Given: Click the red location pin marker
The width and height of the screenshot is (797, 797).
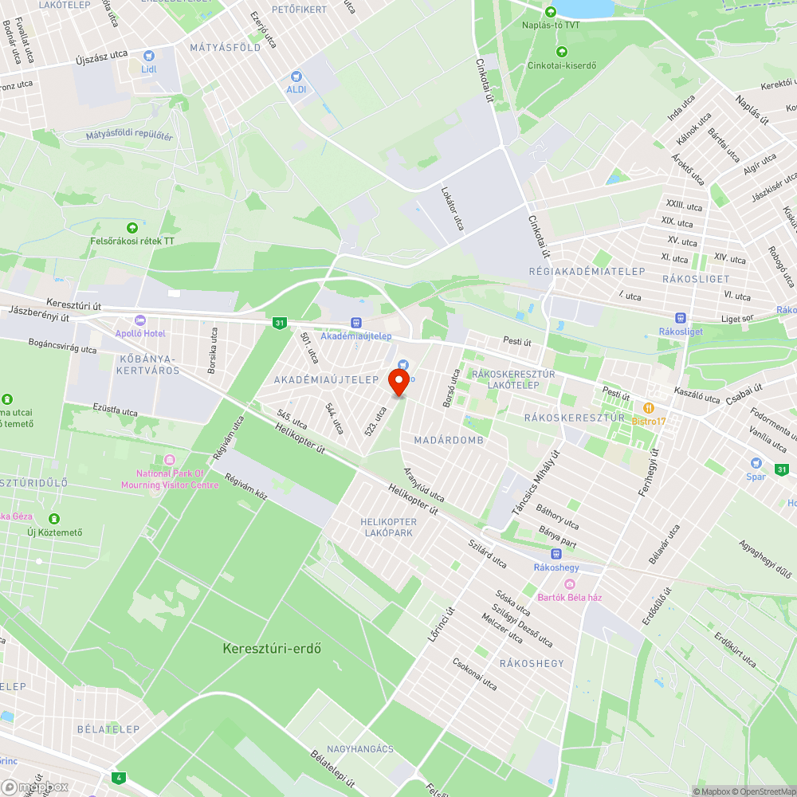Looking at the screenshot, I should (x=398, y=381).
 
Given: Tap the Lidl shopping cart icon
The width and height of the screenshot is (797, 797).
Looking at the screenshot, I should (x=148, y=56).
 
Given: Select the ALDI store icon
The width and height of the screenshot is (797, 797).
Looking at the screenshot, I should (x=296, y=77).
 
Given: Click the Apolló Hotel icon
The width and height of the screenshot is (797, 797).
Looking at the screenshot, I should (x=140, y=320).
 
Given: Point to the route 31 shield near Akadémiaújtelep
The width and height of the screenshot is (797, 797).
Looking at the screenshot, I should (x=279, y=323).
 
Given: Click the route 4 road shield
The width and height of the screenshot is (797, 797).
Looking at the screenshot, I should (x=119, y=777).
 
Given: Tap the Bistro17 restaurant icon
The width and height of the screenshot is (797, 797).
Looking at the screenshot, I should (x=650, y=408).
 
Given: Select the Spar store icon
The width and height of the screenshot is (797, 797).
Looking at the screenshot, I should (x=756, y=463).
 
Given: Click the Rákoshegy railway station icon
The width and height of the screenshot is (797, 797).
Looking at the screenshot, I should (x=556, y=554).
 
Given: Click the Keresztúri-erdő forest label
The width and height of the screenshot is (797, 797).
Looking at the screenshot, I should (x=272, y=648).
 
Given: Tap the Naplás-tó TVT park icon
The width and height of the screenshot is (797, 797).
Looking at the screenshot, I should (x=550, y=12).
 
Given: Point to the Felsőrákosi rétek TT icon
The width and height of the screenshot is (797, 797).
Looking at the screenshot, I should (x=132, y=228).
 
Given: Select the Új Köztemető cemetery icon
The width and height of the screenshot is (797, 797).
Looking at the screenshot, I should (x=54, y=519).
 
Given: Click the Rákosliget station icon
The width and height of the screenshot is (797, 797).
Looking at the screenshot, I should (x=679, y=318).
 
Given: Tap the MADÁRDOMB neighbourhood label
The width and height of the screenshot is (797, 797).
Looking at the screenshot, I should (x=449, y=440).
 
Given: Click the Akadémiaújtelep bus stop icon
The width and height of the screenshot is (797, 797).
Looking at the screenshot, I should (x=355, y=323).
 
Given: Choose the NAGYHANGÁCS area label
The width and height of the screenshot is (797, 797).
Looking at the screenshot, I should (x=360, y=749).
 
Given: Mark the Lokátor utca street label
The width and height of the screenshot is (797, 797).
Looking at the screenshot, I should (x=452, y=208).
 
